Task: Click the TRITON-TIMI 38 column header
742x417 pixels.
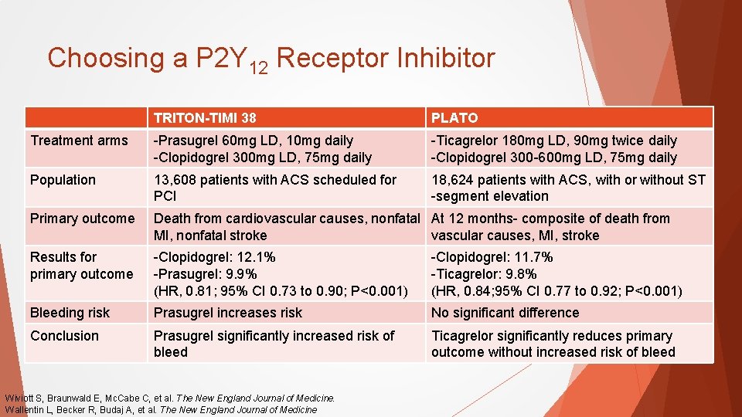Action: tap(205, 118)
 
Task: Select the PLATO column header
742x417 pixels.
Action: tap(454, 118)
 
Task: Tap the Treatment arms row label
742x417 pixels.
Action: tap(79, 141)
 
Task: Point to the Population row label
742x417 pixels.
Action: tap(63, 180)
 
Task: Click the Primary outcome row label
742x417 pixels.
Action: tap(82, 219)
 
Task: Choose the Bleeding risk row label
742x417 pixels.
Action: tap(70, 313)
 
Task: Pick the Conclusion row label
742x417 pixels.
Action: tap(64, 336)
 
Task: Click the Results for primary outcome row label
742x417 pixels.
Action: tap(81, 266)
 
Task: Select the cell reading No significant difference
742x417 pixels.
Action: tap(505, 313)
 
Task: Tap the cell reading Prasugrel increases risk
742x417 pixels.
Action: tap(228, 313)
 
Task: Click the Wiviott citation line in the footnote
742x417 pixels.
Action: tap(170, 398)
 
